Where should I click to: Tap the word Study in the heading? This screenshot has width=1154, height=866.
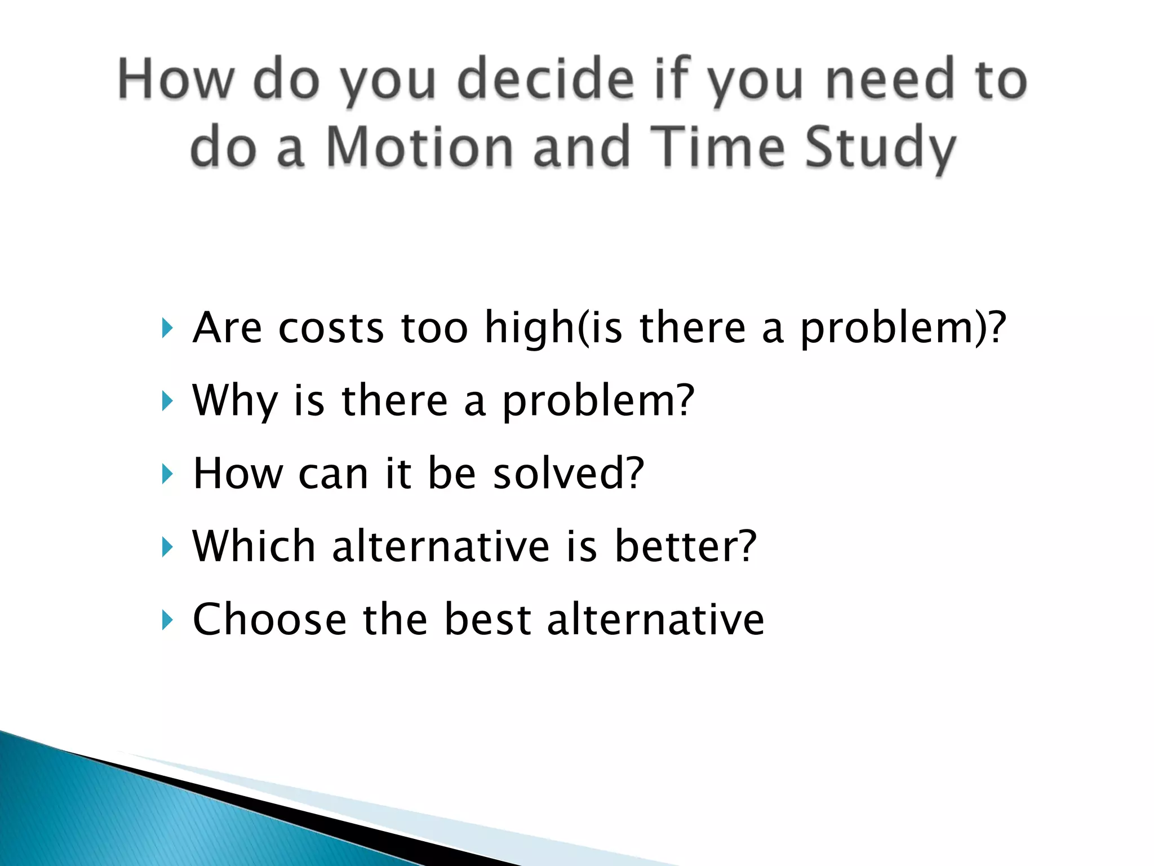click(x=880, y=148)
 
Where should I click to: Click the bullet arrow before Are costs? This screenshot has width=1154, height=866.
click(x=167, y=328)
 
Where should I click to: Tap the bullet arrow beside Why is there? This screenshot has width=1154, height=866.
click(x=167, y=401)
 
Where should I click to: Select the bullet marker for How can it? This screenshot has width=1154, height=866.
click(x=167, y=474)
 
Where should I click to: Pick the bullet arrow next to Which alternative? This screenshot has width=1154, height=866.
click(x=167, y=547)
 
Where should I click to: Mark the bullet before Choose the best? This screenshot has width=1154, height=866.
click(x=167, y=620)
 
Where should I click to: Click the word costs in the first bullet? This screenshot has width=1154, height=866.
click(x=331, y=328)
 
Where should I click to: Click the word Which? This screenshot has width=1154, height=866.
click(x=254, y=546)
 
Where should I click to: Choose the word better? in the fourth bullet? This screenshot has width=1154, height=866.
click(x=685, y=546)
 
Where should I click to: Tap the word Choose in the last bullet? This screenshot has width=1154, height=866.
click(x=269, y=620)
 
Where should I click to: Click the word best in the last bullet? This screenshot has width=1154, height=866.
click(x=487, y=620)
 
